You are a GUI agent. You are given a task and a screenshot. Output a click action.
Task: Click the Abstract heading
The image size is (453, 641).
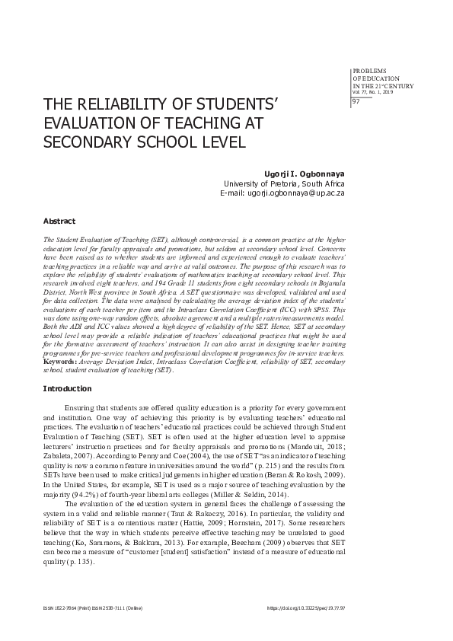[59, 221]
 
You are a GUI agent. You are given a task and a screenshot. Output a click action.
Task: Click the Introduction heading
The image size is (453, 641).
[67, 389]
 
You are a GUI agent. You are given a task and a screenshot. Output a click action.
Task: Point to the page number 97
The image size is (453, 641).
[356, 101]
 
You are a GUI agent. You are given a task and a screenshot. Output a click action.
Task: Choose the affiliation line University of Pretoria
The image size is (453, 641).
[283, 183]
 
